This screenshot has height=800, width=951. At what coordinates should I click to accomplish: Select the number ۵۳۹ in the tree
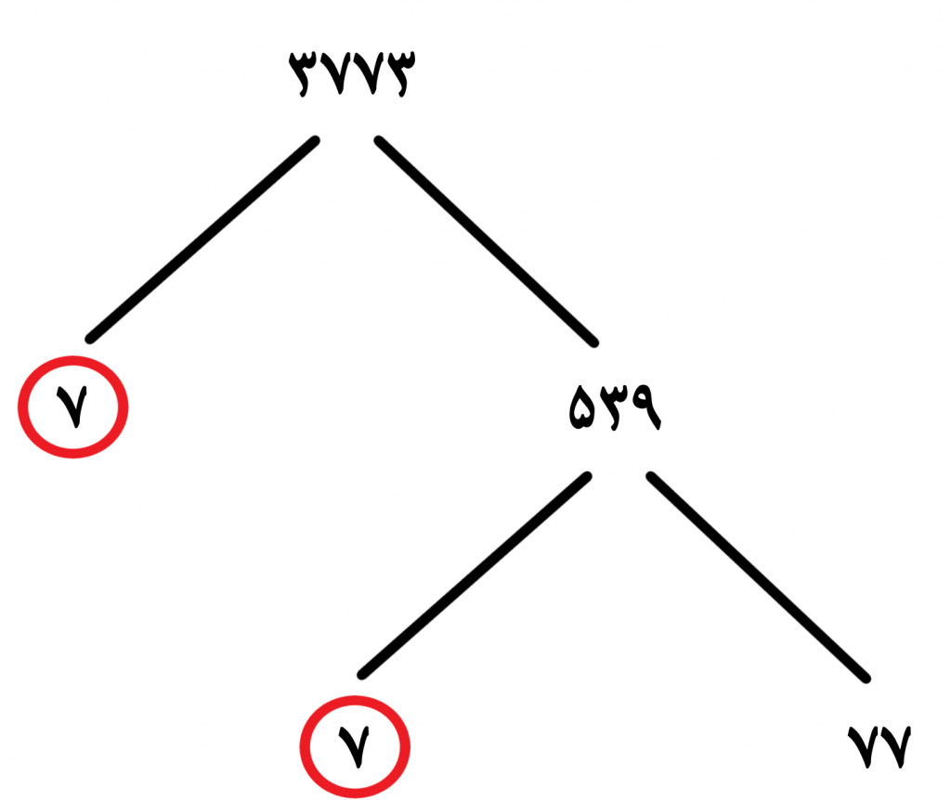click(x=615, y=407)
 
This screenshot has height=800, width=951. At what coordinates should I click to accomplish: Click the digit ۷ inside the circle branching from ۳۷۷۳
click(x=72, y=407)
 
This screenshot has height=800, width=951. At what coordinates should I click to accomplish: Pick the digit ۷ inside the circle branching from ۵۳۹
click(x=354, y=747)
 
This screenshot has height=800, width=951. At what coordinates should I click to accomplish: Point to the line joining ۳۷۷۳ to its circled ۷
click(x=202, y=239)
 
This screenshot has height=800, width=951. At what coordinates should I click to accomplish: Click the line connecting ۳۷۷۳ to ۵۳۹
click(x=487, y=241)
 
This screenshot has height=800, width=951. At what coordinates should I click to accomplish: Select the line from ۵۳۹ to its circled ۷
click(x=475, y=575)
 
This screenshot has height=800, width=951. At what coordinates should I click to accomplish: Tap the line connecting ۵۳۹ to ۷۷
click(x=758, y=577)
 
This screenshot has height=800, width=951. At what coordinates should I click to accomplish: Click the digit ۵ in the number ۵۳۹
click(x=582, y=408)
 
